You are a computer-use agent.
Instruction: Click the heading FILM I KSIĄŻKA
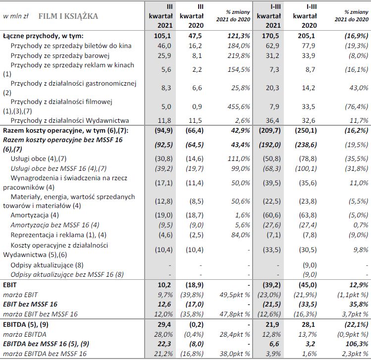(68, 16)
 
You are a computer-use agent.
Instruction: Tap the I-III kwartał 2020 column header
(305, 16)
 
